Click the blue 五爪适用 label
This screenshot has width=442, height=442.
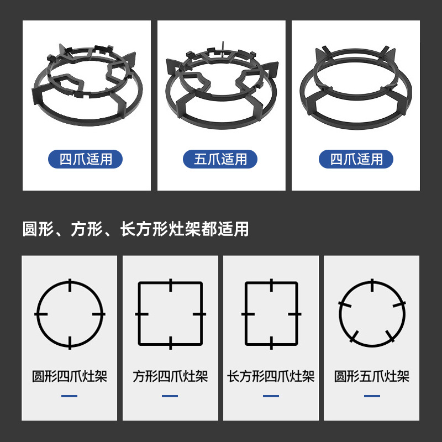click(x=221, y=160)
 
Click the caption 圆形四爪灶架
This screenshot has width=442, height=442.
click(x=70, y=377)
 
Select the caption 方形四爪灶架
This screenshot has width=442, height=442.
click(x=170, y=377)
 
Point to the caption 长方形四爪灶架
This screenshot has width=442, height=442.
click(x=271, y=377)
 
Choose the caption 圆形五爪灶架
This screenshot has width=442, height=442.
click(x=372, y=377)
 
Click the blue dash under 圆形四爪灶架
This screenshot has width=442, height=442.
click(x=70, y=396)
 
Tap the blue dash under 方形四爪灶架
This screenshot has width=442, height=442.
click(x=170, y=396)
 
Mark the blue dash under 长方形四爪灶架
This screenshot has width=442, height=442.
click(x=271, y=396)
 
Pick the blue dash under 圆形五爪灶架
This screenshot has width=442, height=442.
click(x=372, y=396)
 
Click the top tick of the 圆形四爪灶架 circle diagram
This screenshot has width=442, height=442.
click(x=70, y=285)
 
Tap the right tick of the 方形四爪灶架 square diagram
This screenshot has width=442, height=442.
click(x=201, y=314)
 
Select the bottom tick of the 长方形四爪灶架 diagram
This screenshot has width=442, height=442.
click(x=271, y=343)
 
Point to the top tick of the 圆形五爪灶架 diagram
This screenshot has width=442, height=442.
click(x=372, y=285)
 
